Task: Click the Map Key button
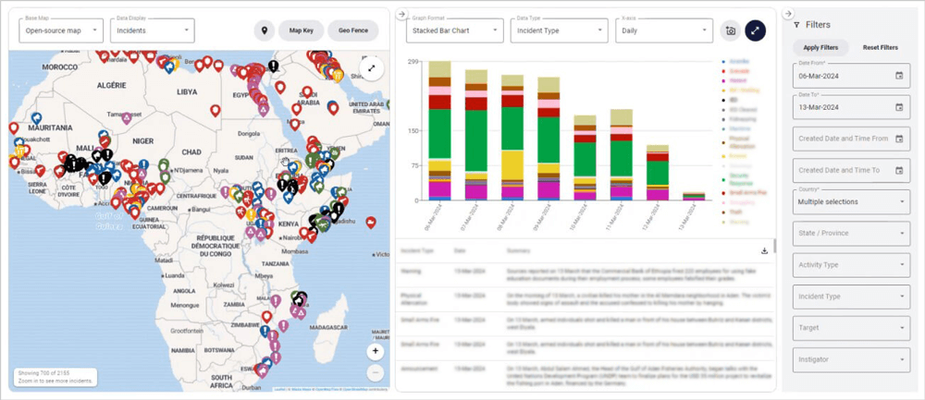pos(302,30)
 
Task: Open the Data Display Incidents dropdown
pos(151,30)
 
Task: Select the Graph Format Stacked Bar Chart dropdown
pos(454,30)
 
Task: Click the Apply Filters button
pos(820,47)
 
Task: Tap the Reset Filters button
pos(880,47)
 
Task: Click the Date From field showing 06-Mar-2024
pos(849,76)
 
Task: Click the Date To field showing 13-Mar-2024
pos(849,107)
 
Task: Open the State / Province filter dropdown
pos(849,233)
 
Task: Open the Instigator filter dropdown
pos(849,358)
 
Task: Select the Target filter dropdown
pos(849,326)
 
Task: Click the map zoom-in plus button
pos(375,351)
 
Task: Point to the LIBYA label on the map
pos(187,92)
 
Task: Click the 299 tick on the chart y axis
pos(413,62)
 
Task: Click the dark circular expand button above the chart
pos(756,30)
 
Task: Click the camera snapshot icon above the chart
pos(731,30)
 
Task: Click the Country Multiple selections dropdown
pos(849,201)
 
